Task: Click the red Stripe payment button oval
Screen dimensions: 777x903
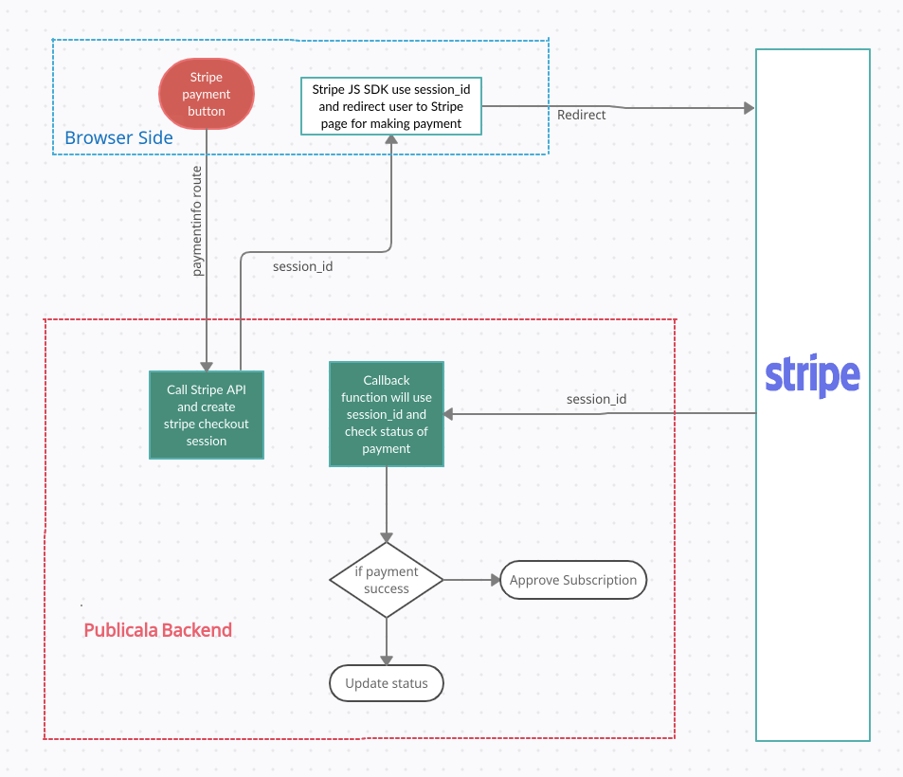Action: pyautogui.click(x=207, y=94)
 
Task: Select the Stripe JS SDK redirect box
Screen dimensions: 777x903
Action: pyautogui.click(x=391, y=106)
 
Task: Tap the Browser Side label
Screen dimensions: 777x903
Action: pyautogui.click(x=118, y=138)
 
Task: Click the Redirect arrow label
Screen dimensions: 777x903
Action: pyautogui.click(x=581, y=115)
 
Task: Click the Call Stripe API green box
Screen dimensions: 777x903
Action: pyautogui.click(x=207, y=415)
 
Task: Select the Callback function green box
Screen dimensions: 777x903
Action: pyautogui.click(x=386, y=414)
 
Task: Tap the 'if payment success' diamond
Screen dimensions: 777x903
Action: pyautogui.click(x=387, y=580)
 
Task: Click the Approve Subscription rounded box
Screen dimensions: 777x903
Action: pyautogui.click(x=573, y=580)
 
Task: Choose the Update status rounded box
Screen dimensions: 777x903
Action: pyautogui.click(x=387, y=683)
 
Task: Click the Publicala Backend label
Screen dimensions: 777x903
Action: pyautogui.click(x=158, y=630)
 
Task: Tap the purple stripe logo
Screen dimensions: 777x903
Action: pyautogui.click(x=812, y=376)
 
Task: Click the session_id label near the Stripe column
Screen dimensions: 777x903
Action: pyautogui.click(x=596, y=399)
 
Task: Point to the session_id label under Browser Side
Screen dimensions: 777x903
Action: pyautogui.click(x=302, y=266)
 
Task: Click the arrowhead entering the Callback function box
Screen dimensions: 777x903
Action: pyautogui.click(x=449, y=414)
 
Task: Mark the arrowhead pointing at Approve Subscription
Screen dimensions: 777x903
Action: pyautogui.click(x=494, y=580)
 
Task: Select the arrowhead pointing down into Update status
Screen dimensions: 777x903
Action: pyautogui.click(x=387, y=660)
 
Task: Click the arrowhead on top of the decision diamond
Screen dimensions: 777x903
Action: pyautogui.click(x=387, y=536)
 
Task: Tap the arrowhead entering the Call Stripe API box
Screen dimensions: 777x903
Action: pyautogui.click(x=206, y=367)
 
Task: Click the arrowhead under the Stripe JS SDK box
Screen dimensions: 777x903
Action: pyautogui.click(x=391, y=140)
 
